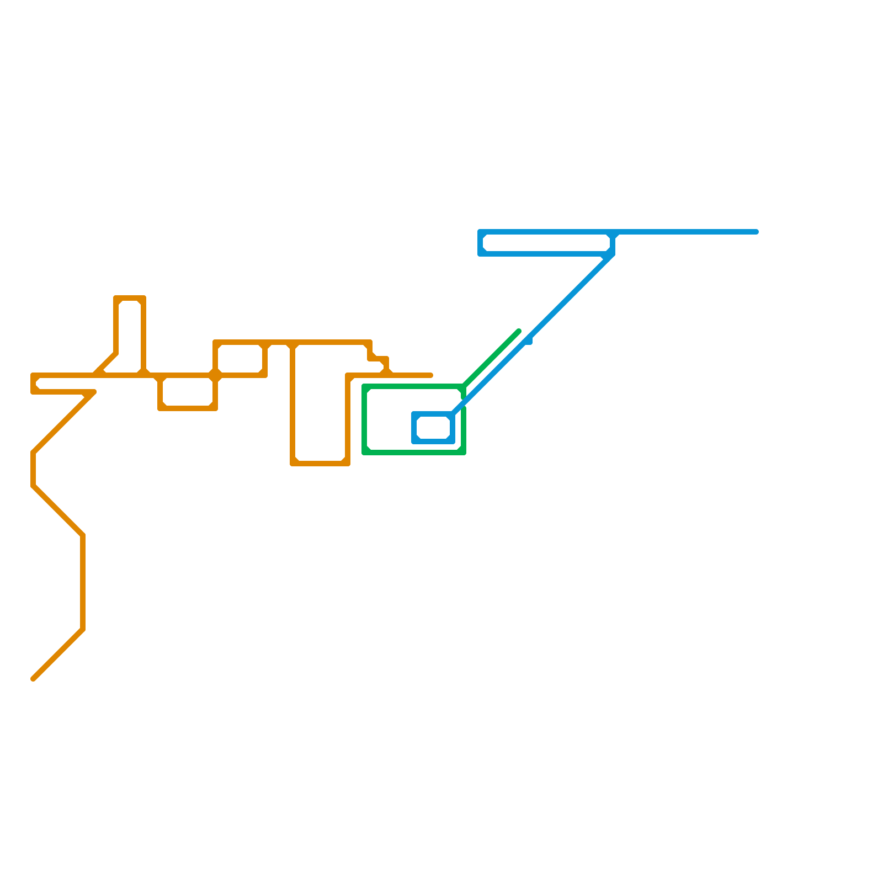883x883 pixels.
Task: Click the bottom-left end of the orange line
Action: [33, 679]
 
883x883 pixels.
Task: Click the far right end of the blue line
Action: [757, 232]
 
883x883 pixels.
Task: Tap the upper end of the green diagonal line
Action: [519, 331]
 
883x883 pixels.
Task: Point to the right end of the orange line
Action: [430, 375]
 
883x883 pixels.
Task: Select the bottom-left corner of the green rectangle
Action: [364, 453]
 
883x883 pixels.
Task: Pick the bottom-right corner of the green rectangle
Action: [464, 453]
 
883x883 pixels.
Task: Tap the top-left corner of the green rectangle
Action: [364, 386]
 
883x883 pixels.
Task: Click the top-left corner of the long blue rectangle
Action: [480, 232]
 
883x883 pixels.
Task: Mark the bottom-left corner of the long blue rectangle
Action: [480, 254]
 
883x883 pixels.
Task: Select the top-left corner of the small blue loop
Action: [414, 414]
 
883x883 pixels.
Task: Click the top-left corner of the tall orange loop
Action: [116, 298]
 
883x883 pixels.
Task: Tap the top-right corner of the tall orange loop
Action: [143, 298]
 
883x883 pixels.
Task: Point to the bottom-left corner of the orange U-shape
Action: [292, 464]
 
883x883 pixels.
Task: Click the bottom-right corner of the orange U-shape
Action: [348, 464]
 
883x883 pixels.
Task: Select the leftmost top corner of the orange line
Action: [33, 375]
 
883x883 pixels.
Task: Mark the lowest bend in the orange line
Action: [83, 629]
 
